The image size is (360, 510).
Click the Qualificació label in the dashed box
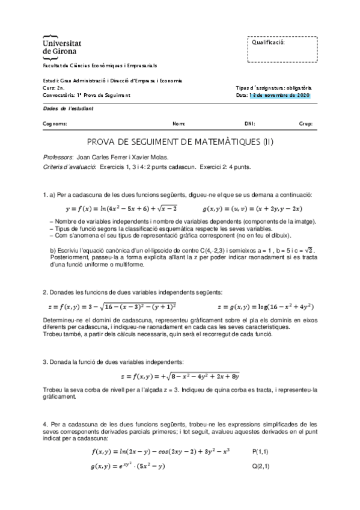pos(267,43)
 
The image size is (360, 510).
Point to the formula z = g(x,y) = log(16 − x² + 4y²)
pos(255,306)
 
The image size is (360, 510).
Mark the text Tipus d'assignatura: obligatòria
pos(273,88)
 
